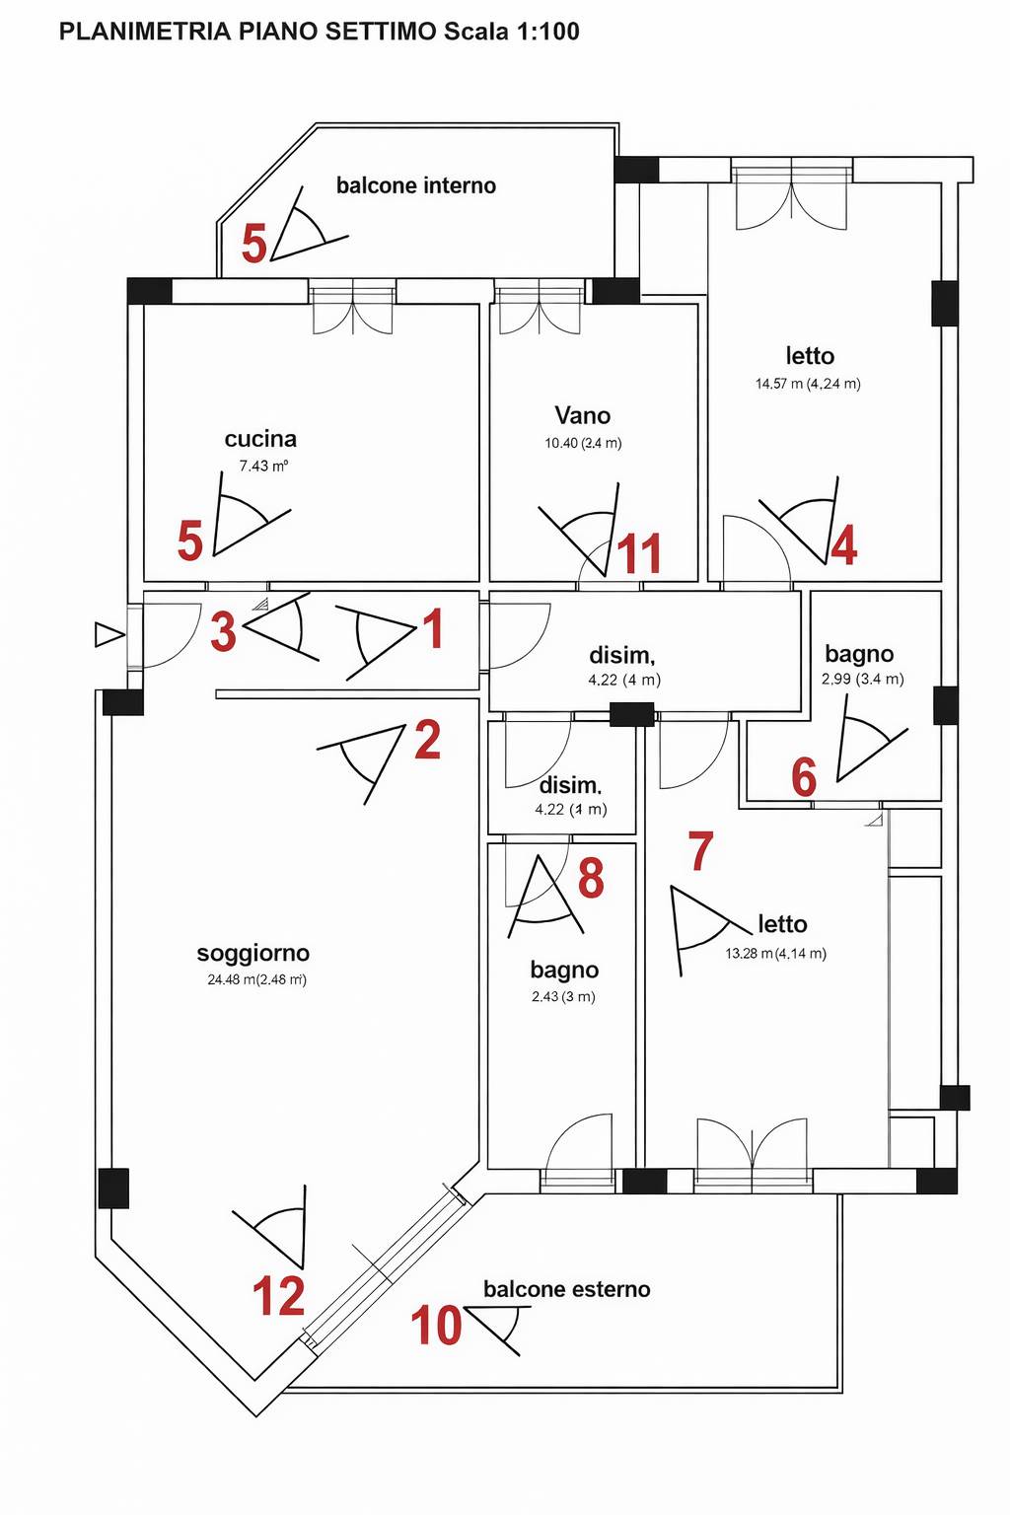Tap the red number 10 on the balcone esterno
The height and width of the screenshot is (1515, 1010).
pos(436,1325)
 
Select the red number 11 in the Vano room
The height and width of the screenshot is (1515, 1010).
pos(639,553)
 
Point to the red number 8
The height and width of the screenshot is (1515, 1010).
pos(591,878)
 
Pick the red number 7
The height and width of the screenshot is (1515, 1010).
pos(701,851)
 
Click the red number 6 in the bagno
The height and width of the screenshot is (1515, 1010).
pos(804,777)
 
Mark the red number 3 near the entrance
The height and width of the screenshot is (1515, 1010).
pos(223,631)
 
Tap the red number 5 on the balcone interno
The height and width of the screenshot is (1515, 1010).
pos(253,244)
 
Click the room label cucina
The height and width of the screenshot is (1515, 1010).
pos(260,439)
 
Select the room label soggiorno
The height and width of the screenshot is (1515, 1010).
pos(253,954)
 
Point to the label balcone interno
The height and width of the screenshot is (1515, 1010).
pos(416,185)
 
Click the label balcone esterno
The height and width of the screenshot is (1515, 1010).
pos(567,1289)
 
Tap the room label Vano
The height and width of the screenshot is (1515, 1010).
pos(583,415)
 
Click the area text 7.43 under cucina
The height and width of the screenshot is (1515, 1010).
pos(253,466)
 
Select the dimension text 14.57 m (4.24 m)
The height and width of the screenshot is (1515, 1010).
pos(808,384)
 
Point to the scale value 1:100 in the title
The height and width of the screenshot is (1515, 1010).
pos(548,32)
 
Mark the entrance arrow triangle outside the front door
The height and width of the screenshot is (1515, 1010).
pos(109,635)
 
